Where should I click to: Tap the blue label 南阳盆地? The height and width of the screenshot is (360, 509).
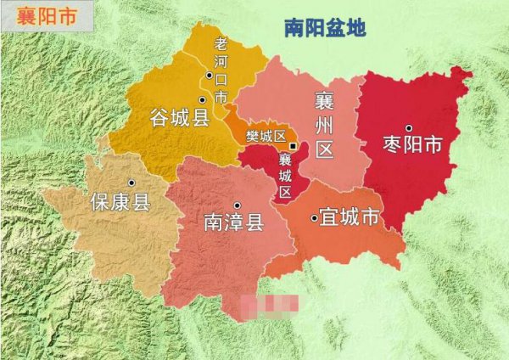324,28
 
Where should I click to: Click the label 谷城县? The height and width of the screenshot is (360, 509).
179,118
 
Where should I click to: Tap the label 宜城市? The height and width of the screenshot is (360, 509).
348,217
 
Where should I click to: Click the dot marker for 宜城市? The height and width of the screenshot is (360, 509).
315,218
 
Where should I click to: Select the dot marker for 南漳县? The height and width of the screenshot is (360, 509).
238,205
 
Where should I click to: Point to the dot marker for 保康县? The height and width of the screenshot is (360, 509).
131,183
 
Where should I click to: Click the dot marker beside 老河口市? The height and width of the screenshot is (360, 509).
207,76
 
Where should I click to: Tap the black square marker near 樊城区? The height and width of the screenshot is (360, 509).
293,145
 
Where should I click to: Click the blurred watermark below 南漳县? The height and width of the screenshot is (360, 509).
269,303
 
